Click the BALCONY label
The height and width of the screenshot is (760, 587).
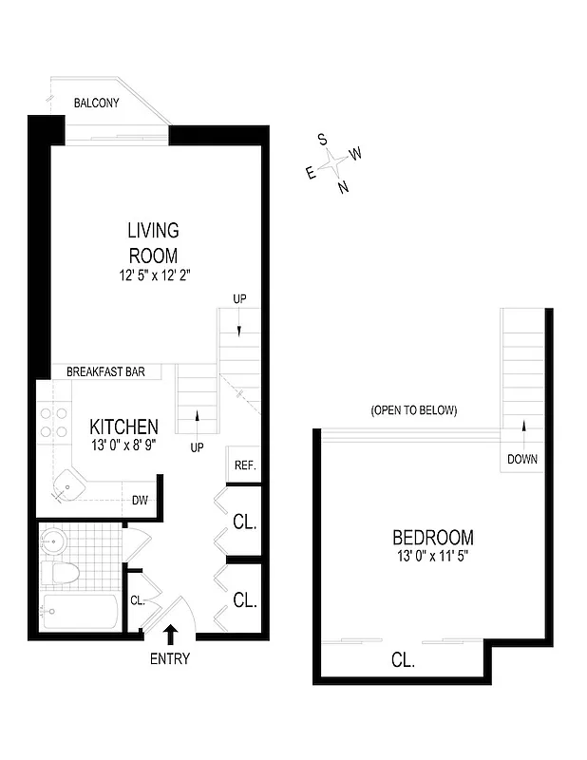point(97,103)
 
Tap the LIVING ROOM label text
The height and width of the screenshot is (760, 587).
point(153,242)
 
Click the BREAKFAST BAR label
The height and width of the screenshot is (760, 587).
point(105,372)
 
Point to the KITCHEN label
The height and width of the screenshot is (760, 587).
point(123,427)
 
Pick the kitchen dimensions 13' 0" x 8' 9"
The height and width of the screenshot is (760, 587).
point(123,445)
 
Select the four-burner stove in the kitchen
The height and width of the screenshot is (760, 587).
point(53,423)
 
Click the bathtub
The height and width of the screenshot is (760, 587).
point(80,611)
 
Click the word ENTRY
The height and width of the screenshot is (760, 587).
point(170,658)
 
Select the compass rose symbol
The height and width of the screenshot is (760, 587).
point(333,163)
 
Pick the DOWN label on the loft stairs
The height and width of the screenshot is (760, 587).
point(521,459)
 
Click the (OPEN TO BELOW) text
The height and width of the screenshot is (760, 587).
point(414,411)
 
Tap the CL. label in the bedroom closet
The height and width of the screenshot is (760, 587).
point(403,660)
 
